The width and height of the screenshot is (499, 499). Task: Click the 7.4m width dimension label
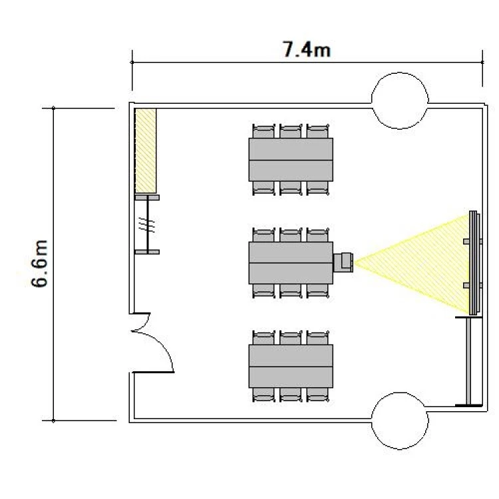point(307,50)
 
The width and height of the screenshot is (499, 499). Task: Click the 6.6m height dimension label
point(39,263)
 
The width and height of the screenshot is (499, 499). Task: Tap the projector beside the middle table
point(343,262)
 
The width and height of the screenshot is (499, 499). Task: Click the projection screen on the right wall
point(474,263)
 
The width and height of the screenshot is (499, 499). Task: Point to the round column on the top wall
point(400,100)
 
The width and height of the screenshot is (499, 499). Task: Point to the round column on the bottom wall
point(400,420)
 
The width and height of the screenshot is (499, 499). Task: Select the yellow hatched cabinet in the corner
point(146,150)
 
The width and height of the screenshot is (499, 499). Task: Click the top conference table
point(291,160)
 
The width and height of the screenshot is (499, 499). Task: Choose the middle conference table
point(291,263)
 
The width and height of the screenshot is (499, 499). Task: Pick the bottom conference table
point(291,366)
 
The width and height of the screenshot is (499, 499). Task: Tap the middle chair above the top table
point(291,131)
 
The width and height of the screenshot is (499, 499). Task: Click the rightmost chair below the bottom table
point(317,395)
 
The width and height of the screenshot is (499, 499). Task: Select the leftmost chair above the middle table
point(263,235)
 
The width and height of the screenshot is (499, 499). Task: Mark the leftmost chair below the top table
point(263,188)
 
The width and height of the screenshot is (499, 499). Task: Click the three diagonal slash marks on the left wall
point(147,224)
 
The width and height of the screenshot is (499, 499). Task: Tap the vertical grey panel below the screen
point(468,361)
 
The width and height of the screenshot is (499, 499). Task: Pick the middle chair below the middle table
point(291,291)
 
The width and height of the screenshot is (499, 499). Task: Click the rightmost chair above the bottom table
point(317,337)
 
